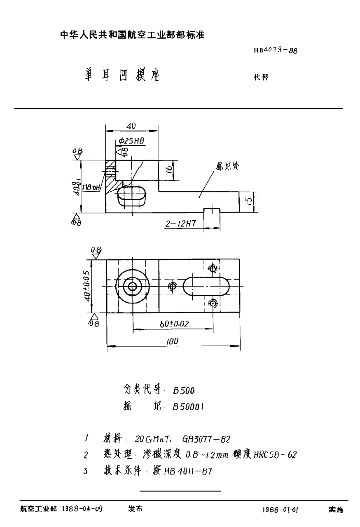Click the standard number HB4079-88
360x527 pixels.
pyautogui.click(x=276, y=51)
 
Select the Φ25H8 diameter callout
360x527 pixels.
pyautogui.click(x=131, y=140)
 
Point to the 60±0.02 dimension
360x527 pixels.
pyautogui.click(x=173, y=324)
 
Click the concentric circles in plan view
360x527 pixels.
pyautogui.click(x=133, y=286)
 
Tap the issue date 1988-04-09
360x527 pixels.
pyautogui.click(x=82, y=509)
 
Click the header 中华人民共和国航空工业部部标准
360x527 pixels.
pyautogui.click(x=133, y=35)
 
